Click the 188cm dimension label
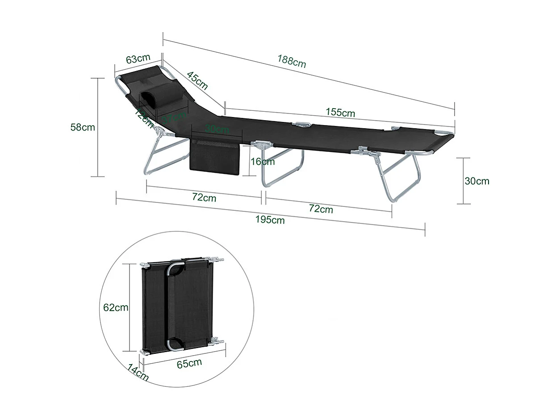click(x=292, y=61)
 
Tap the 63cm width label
click(x=138, y=59)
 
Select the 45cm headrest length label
click(x=197, y=80)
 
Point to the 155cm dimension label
click(x=340, y=113)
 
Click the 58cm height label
click(x=83, y=127)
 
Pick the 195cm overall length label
click(x=270, y=219)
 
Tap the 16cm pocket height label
click(x=263, y=161)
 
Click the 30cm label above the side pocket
click(x=217, y=129)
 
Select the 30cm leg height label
click(x=477, y=181)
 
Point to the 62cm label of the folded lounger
click(x=116, y=307)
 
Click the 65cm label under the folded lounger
click(x=189, y=363)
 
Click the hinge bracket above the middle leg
click(x=262, y=144)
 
